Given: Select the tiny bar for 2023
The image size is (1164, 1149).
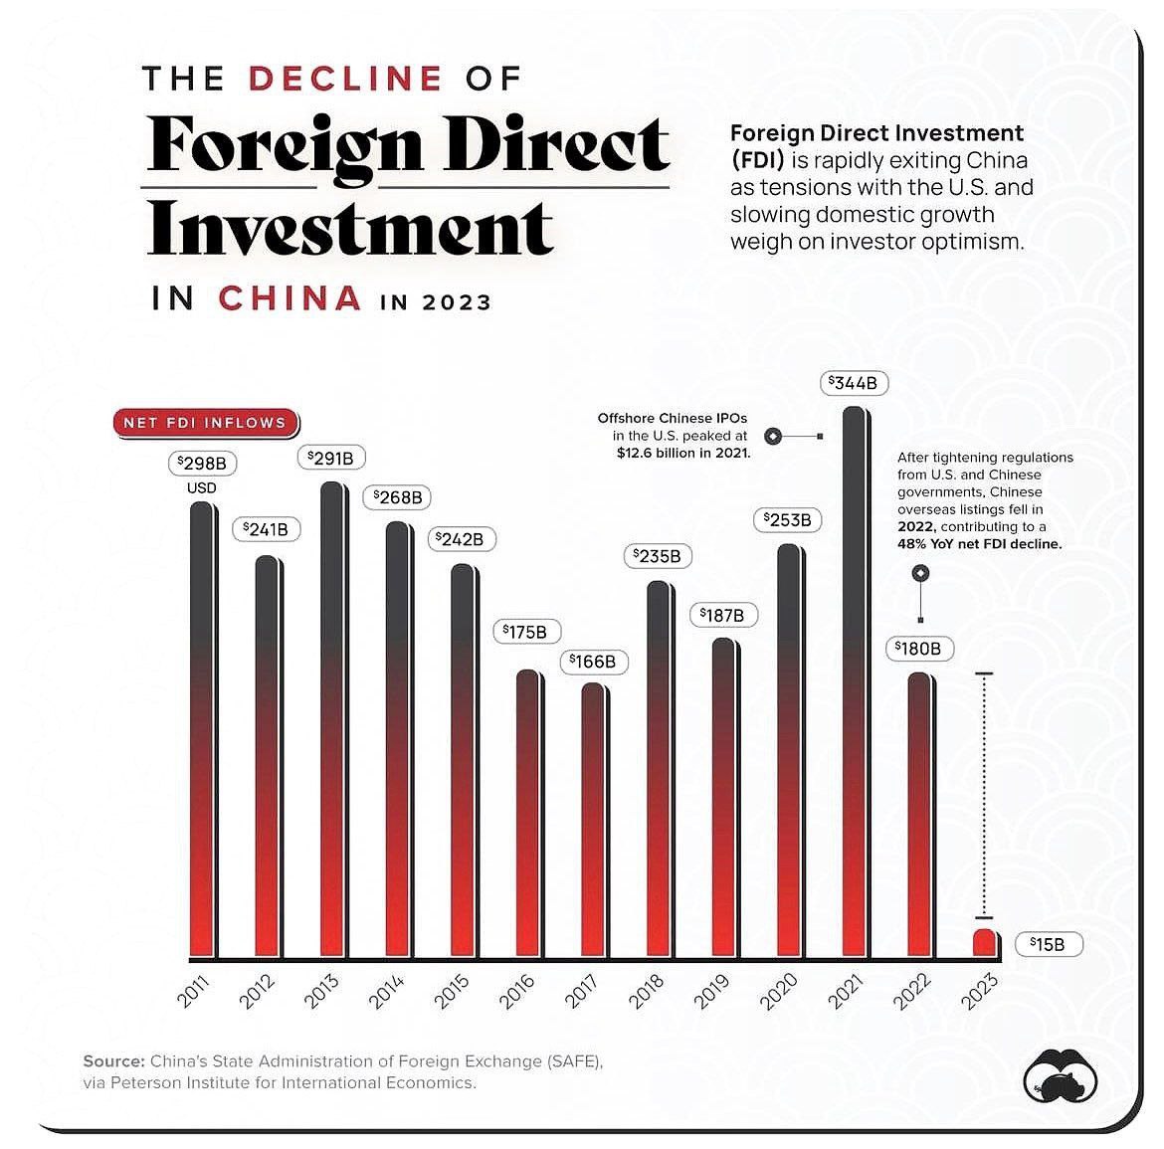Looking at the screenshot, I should tap(984, 943).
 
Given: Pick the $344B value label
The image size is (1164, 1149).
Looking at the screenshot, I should tap(855, 383).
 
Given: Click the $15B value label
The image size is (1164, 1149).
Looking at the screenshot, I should tap(1048, 944).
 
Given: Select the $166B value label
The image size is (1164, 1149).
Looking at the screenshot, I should tap(593, 662).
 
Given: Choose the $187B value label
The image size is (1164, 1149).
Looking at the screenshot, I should tap(723, 616).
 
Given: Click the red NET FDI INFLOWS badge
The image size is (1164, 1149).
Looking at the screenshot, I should tap(204, 423).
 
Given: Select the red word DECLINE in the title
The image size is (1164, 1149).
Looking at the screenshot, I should tap(345, 79).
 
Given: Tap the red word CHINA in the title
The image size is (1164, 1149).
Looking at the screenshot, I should tap(290, 298).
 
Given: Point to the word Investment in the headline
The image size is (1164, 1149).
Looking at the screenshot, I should tap(351, 228).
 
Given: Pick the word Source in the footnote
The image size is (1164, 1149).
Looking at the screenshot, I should tap(114, 1061).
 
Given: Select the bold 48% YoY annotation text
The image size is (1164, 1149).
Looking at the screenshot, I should tap(979, 544).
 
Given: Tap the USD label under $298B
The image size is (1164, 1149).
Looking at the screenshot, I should tap(202, 488).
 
